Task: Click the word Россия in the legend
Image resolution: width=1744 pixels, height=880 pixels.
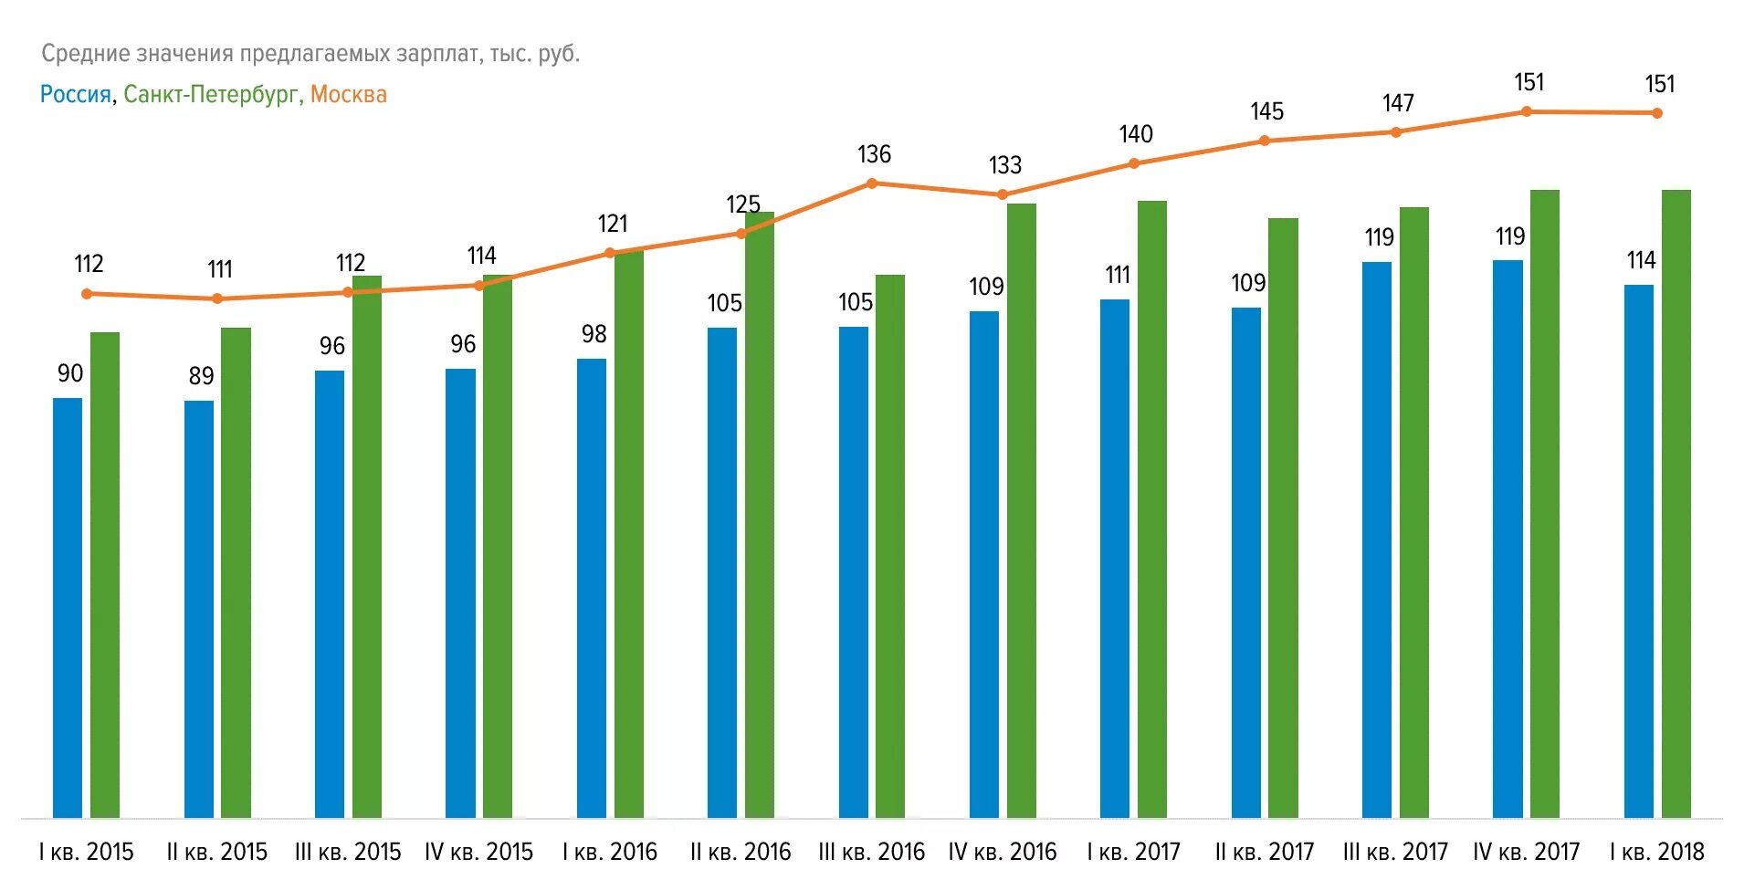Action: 75,94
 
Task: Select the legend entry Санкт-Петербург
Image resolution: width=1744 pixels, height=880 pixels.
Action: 211,94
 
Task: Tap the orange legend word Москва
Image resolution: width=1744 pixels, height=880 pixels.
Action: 348,94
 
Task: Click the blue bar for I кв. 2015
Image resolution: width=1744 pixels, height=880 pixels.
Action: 68,607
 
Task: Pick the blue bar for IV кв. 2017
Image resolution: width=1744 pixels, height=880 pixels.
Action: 1508,539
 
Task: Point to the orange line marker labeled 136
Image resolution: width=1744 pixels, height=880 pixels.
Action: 872,183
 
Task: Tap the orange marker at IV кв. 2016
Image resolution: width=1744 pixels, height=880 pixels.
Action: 1003,194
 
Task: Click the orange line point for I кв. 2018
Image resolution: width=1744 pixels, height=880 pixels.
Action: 1657,113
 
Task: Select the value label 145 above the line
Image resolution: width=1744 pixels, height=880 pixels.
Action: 1266,111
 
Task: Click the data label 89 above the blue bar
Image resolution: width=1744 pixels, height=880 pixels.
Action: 201,376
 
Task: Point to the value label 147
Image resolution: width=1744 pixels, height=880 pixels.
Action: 1398,103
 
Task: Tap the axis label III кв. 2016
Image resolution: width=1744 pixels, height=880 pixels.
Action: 871,852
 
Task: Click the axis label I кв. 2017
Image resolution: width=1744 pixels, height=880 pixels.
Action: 1133,852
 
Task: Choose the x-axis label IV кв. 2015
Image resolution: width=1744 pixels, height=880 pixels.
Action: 478,852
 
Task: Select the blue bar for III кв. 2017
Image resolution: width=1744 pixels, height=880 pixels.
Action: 1377,539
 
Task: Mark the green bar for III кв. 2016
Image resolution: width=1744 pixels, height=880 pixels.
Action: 890,546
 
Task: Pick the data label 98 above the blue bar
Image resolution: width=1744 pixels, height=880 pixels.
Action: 594,334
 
